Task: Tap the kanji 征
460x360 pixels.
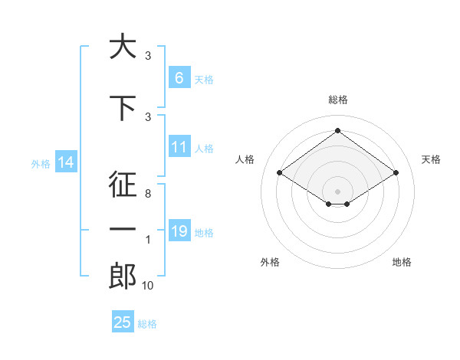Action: [x=123, y=185]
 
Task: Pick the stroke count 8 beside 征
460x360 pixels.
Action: [x=147, y=195]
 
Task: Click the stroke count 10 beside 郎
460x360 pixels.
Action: [x=147, y=286]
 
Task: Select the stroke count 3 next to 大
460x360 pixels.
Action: [x=147, y=56]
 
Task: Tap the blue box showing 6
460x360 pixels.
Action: [x=179, y=78]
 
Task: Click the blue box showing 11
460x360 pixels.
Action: [x=179, y=147]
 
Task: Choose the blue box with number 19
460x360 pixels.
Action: [x=179, y=231]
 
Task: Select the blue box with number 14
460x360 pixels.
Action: [x=65, y=162]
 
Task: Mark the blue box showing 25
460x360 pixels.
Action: [x=123, y=322]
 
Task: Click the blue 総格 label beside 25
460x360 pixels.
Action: [x=148, y=324]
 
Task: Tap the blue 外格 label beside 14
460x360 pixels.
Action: [x=41, y=163]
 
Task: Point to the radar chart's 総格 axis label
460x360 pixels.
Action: [x=337, y=100]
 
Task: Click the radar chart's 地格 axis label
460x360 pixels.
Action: [x=402, y=262]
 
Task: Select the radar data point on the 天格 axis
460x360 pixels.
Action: [x=396, y=173]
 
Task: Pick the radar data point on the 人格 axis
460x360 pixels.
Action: [x=280, y=173]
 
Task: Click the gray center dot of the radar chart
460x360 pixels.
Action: [x=337, y=190]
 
